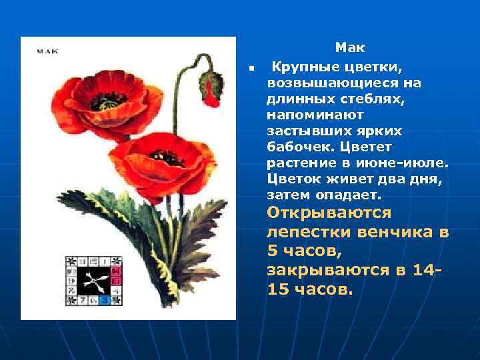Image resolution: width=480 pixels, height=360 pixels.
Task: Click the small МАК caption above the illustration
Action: [x=47, y=51]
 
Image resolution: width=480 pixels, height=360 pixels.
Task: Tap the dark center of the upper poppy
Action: [x=109, y=101]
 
